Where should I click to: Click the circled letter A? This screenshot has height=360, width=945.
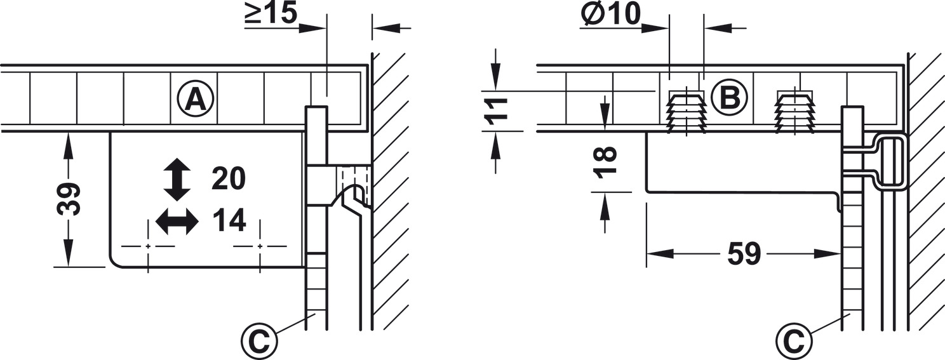coord(196,100)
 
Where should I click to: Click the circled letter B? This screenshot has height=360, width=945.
coord(729,97)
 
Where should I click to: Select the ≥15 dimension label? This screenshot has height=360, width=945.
coord(271,14)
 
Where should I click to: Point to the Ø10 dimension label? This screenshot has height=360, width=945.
coord(610,13)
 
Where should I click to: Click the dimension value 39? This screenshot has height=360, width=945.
coord(69,199)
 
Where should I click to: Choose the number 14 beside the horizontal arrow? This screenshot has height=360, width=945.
coord(229,220)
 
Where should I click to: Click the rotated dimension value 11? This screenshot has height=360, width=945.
coord(495,111)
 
